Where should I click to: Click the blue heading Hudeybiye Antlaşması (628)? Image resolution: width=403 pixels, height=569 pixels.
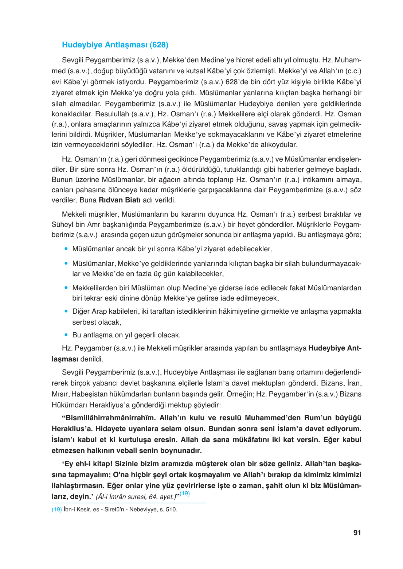(x=115, y=45)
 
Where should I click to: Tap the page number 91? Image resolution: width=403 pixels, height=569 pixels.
(x=357, y=533)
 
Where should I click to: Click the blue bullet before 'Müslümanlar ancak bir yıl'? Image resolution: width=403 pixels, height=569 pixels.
(x=66, y=249)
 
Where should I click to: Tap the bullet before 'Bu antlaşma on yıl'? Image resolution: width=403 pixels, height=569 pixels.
(x=66, y=334)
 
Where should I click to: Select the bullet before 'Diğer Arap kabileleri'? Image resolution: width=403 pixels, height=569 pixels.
(x=66, y=311)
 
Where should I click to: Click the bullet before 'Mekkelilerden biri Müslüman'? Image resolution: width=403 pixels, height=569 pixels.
(x=66, y=288)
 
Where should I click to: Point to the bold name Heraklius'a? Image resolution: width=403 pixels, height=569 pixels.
(x=71, y=429)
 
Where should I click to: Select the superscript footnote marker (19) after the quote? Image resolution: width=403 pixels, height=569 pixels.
(x=185, y=493)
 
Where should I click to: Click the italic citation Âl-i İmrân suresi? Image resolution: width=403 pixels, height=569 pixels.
(x=121, y=497)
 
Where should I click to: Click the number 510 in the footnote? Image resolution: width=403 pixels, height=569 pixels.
(x=171, y=510)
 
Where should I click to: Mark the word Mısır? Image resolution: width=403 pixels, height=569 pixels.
(x=60, y=394)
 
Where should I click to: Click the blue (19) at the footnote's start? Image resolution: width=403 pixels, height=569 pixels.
(x=56, y=510)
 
